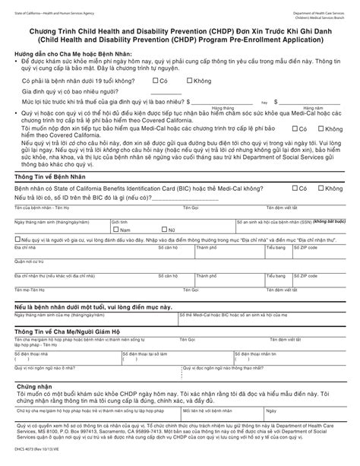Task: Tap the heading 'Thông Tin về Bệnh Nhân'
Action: [47, 176]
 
